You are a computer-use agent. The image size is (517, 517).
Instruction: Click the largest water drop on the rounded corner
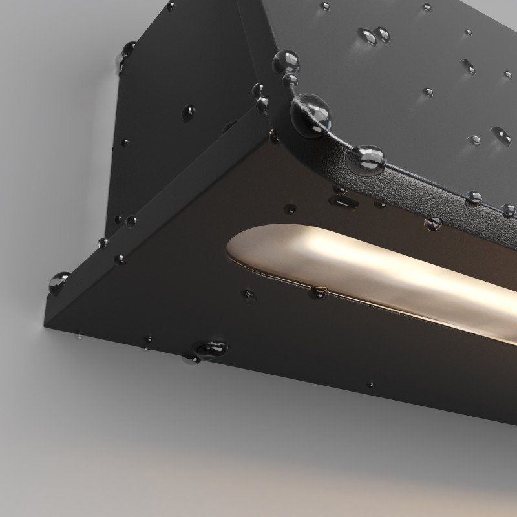click(x=312, y=115)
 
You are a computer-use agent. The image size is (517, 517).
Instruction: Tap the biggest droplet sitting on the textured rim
click(x=368, y=160)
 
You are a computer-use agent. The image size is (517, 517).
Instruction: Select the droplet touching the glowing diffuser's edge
click(x=319, y=291)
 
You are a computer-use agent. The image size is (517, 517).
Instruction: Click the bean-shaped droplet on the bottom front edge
click(x=211, y=349)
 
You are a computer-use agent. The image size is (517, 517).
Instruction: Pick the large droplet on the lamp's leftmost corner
click(x=59, y=282)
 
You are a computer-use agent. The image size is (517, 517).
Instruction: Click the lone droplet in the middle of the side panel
click(x=188, y=113)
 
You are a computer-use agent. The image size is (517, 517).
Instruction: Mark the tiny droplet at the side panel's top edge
click(x=171, y=6)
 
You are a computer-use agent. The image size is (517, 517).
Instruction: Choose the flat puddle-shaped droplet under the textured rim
click(x=344, y=200)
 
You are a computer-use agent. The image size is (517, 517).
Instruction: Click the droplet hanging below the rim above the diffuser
click(x=433, y=224)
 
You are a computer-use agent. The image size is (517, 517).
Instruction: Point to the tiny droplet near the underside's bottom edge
click(x=370, y=385)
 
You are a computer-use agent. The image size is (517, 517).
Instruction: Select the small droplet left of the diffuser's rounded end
click(x=249, y=295)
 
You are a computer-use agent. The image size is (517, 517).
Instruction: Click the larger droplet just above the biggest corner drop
click(x=286, y=63)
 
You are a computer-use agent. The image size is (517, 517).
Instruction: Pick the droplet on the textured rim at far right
click(x=509, y=210)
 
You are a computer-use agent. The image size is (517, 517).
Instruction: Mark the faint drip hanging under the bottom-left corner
click(x=78, y=336)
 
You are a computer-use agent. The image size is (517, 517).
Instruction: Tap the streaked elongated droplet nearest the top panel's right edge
click(x=501, y=134)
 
